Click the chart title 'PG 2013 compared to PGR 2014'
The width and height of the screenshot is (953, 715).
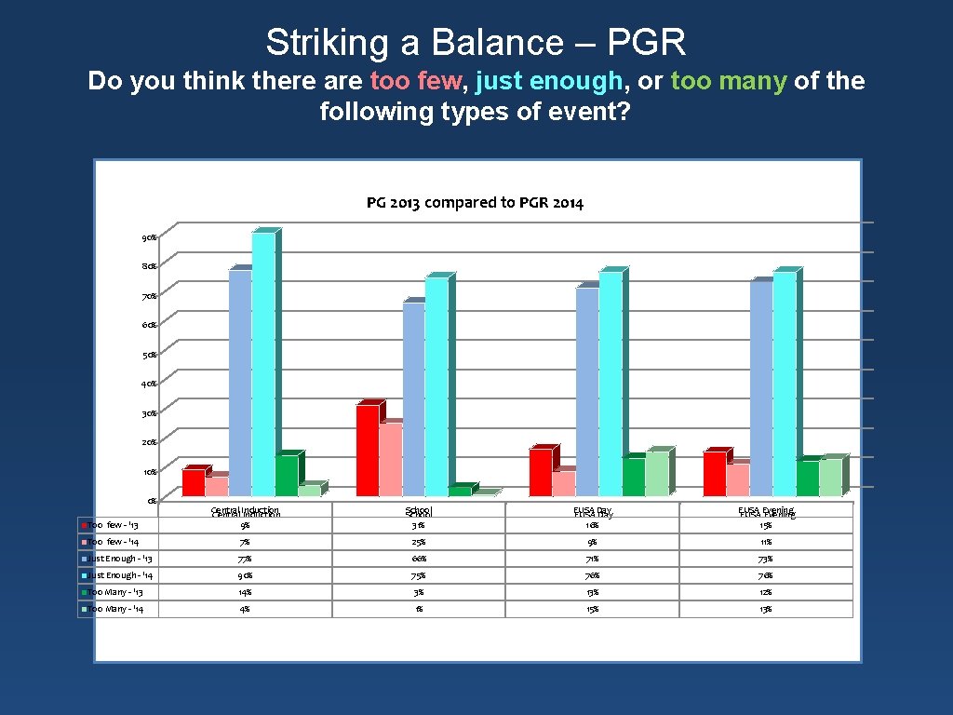[475, 203]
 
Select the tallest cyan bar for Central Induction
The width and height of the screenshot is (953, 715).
[263, 363]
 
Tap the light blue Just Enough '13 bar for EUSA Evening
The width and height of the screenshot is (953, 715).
[760, 387]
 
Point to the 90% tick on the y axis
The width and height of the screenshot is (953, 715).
[149, 237]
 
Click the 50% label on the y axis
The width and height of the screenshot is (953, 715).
[149, 355]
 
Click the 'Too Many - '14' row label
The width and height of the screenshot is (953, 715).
[118, 609]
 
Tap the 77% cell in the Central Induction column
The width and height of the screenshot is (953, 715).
[246, 559]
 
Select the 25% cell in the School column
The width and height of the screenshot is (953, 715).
[419, 542]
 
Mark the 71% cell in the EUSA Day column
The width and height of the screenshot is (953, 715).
[593, 559]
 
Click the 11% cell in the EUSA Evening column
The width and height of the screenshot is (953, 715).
[766, 542]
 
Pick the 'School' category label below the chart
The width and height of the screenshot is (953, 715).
[419, 511]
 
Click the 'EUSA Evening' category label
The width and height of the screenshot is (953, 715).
[766, 511]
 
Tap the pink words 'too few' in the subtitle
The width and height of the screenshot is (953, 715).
[415, 81]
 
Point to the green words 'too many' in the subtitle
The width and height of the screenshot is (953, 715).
[729, 81]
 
